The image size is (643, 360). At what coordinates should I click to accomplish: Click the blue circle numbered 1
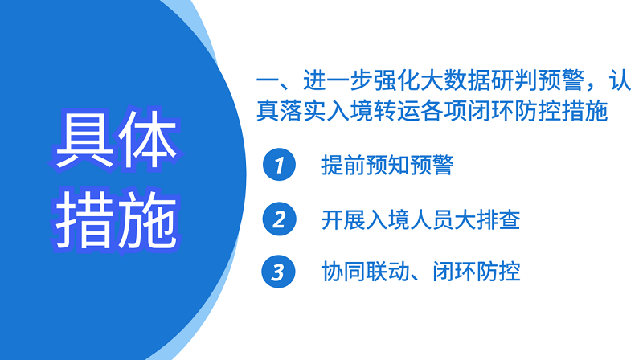pos(279,165)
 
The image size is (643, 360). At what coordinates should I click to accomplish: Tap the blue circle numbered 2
pos(279,219)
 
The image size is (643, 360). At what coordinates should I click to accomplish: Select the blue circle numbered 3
pos(278,272)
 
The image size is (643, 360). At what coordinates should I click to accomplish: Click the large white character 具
pos(84,139)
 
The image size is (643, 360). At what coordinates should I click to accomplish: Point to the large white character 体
pos(148,139)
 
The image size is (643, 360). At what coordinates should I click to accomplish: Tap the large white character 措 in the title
pos(84,219)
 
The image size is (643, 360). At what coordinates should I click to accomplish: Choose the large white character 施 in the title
pos(148,219)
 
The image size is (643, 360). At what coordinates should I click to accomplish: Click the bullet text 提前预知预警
pos(387,166)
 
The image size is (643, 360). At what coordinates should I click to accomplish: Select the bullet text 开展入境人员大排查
pos(420,219)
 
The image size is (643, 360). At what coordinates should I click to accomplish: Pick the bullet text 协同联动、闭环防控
pos(420,272)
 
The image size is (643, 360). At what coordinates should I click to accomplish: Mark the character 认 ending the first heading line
pos(620,80)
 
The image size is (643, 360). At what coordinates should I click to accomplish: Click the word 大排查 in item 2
pos(487,219)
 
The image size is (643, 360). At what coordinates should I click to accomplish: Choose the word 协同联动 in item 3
pos(366,272)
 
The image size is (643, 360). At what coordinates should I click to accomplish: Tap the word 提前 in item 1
pos(343,166)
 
